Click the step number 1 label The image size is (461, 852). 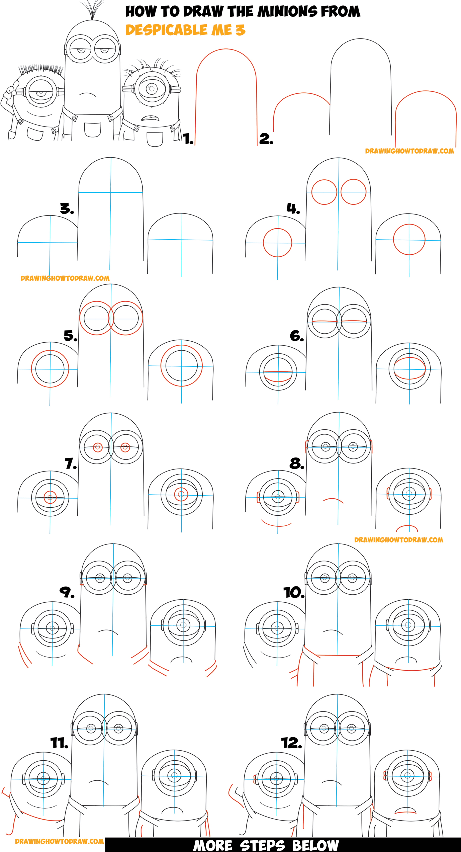click(188, 139)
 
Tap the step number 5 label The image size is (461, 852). click(70, 336)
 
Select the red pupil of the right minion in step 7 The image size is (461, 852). click(181, 495)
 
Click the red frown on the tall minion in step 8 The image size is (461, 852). click(333, 500)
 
